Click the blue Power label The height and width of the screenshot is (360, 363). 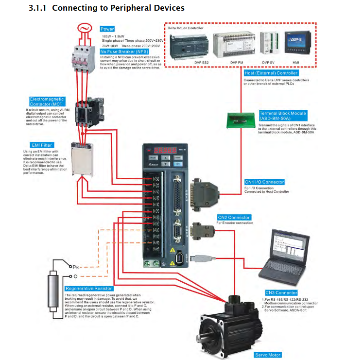tap(107, 29)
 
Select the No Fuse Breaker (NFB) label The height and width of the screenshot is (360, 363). tap(123, 51)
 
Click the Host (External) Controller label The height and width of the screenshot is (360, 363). tap(270, 73)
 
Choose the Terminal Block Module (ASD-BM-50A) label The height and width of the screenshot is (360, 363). tap(283, 115)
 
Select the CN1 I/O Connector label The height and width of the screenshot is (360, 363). tap(264, 182)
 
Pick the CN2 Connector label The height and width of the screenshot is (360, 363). tap(233, 217)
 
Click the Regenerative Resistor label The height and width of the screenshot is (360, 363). tap(91, 289)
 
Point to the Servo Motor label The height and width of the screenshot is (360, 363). tap(268, 355)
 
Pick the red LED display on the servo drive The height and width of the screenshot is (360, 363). tap(160, 151)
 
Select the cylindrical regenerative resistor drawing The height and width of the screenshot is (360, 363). tap(53, 290)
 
